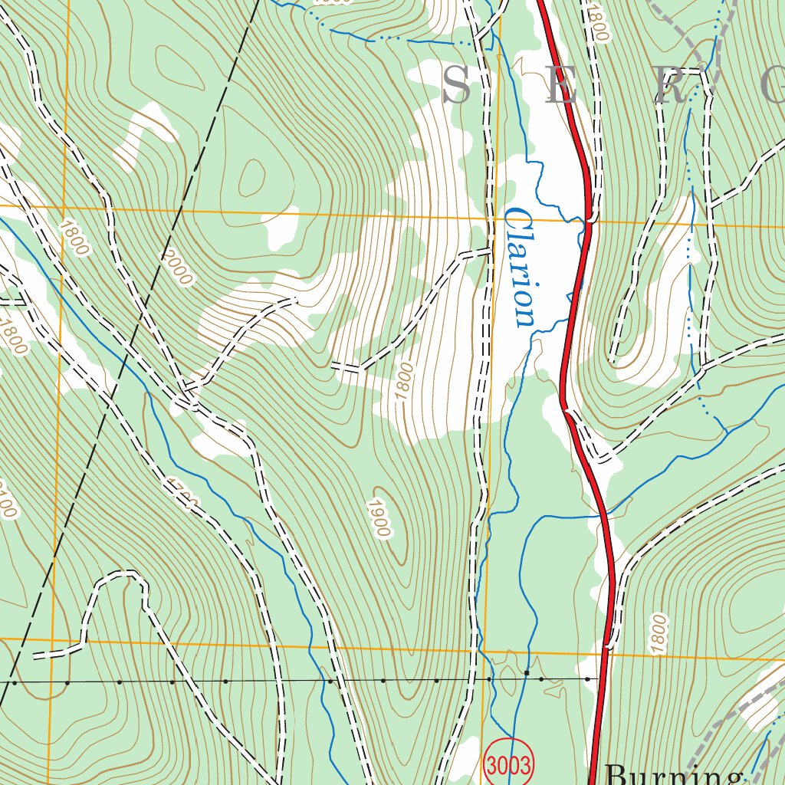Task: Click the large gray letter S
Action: click(x=458, y=85)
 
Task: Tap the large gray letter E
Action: click(x=560, y=85)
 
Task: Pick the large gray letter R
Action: click(x=669, y=85)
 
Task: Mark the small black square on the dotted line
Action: click(x=527, y=673)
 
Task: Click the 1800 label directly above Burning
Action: click(x=659, y=633)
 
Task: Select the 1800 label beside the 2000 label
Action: click(x=74, y=237)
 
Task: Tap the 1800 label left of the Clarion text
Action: click(x=405, y=381)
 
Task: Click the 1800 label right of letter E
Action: click(x=598, y=23)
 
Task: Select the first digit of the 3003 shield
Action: click(x=494, y=764)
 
